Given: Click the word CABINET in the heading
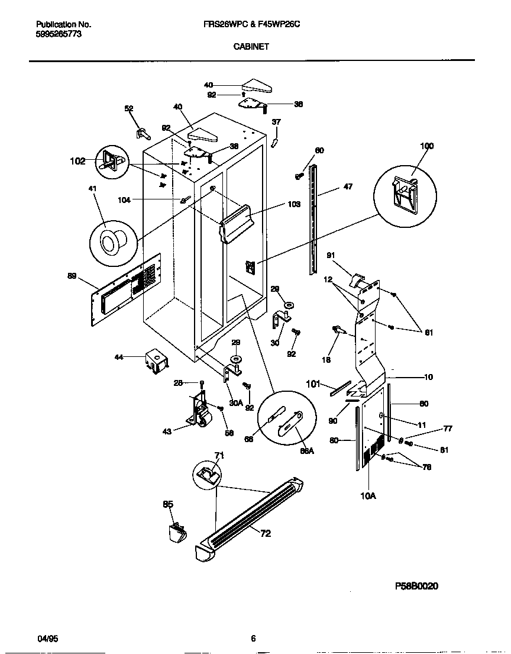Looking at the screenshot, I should click(x=255, y=46).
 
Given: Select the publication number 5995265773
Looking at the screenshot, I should click(x=59, y=34).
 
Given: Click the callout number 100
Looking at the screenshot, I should click(x=426, y=146).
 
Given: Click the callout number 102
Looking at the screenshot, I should click(x=77, y=160).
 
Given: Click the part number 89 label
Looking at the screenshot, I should click(x=72, y=276).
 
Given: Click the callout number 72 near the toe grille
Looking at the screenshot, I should click(x=266, y=534).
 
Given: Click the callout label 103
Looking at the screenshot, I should click(x=294, y=204).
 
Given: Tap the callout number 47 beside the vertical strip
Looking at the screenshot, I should click(x=348, y=186).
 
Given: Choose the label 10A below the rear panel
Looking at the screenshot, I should click(x=367, y=496).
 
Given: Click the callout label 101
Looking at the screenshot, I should click(x=313, y=384).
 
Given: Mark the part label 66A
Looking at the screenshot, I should click(x=307, y=450).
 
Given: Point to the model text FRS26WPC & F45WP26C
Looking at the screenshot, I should click(x=255, y=25).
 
